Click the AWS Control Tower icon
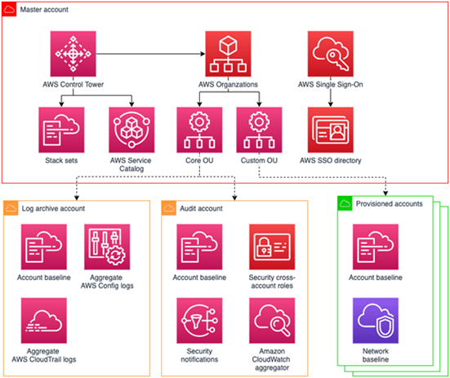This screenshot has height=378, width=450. click(74, 54)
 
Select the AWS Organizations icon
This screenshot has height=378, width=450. click(228, 54)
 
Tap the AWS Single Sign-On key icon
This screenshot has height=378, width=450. click(331, 54)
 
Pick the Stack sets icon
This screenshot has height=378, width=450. click(61, 130)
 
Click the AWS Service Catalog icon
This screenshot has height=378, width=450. click(131, 130)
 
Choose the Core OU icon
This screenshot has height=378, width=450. click(199, 130)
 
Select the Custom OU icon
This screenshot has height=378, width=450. click(259, 130)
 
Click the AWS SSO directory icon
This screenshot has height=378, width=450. click(331, 130)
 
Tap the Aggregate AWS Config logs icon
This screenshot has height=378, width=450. click(107, 247)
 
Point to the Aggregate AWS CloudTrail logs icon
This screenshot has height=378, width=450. click(44, 320)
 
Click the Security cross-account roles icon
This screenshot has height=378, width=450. click(272, 247)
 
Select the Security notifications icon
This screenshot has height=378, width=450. click(199, 320)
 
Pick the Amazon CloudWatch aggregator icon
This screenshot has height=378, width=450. click(272, 320)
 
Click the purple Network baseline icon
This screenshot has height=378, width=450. click(376, 320)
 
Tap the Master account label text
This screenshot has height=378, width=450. click(44, 10)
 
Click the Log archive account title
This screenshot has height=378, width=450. click(53, 208)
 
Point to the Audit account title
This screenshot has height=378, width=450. click(201, 208)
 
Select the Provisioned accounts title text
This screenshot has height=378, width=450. click(390, 203)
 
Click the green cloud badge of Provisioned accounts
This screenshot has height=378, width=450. click(345, 203)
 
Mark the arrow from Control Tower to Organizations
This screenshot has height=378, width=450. click(150, 54)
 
